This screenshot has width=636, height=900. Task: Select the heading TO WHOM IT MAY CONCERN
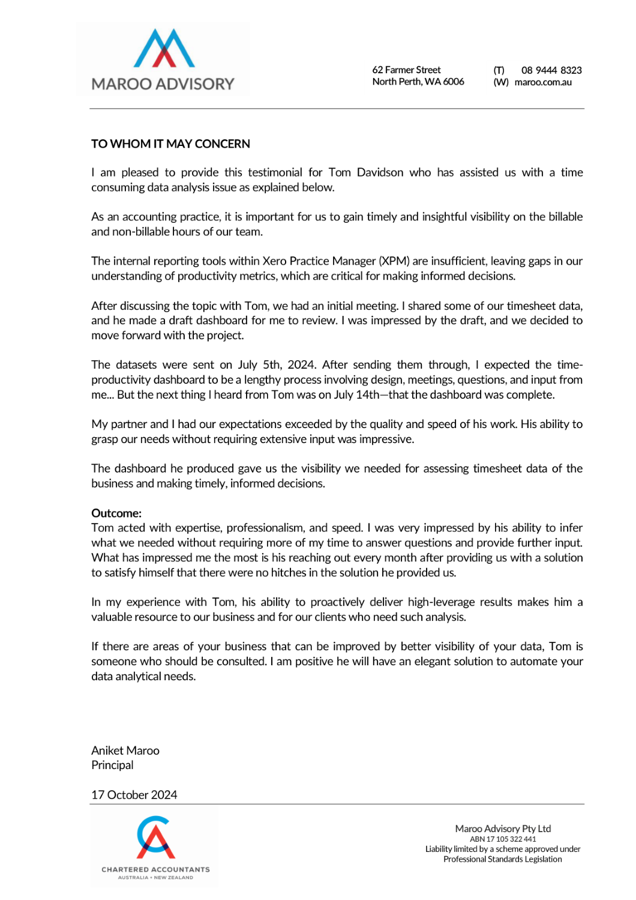point(170,144)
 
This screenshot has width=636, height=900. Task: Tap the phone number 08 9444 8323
point(551,70)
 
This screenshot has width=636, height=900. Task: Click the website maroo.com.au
point(542,82)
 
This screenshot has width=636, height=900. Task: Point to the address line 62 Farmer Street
point(406,70)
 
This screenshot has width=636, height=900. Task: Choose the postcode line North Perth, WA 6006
point(418,82)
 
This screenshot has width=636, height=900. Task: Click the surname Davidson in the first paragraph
point(380,173)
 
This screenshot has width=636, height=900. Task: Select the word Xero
point(274,261)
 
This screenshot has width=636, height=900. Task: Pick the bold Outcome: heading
point(116,513)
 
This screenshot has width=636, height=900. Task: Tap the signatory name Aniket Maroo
point(125,751)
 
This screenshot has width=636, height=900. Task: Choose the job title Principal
point(112,766)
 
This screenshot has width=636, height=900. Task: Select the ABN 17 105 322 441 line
point(503,839)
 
